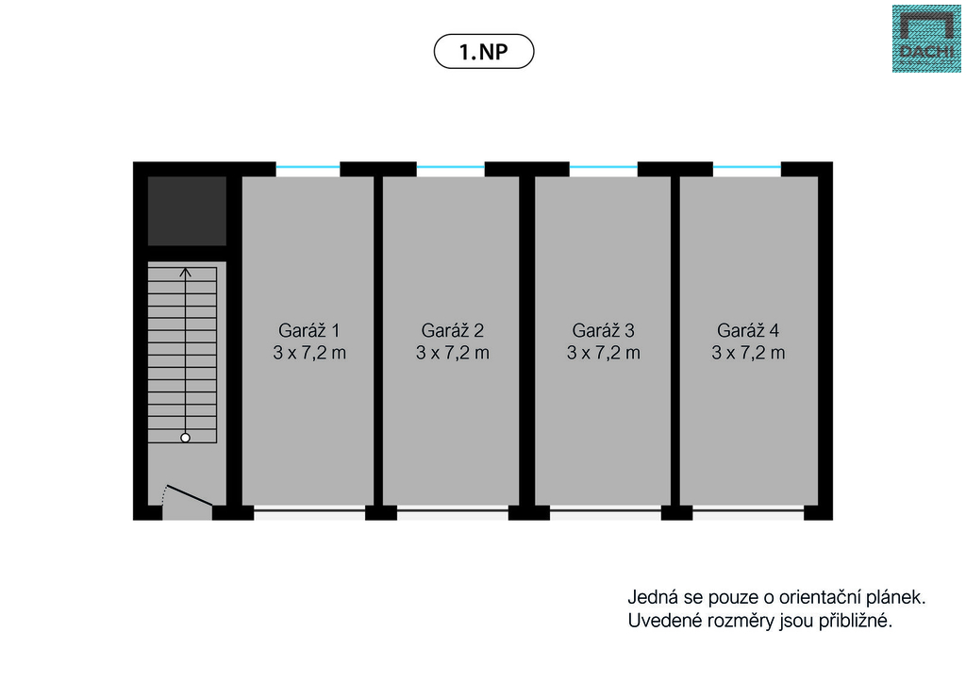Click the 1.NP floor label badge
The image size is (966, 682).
tap(483, 51)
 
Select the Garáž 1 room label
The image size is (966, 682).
tap(308, 330)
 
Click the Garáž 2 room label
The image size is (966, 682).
tap(453, 330)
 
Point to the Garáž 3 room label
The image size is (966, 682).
tap(604, 330)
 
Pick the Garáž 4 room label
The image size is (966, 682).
tap(748, 330)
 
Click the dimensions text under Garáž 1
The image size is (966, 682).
tap(308, 353)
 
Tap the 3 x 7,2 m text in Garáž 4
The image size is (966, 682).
tap(748, 353)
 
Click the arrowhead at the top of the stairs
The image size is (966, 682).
tap(186, 273)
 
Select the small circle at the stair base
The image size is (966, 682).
tap(186, 438)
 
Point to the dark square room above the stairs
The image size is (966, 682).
tap(187, 210)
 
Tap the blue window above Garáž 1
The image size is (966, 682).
tap(308, 168)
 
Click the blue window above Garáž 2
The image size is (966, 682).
tap(451, 168)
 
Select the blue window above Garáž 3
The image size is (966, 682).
tap(604, 168)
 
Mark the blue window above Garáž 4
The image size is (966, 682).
tap(747, 168)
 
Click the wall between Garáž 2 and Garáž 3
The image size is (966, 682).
tap(527, 340)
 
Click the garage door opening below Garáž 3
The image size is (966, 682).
tap(606, 513)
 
